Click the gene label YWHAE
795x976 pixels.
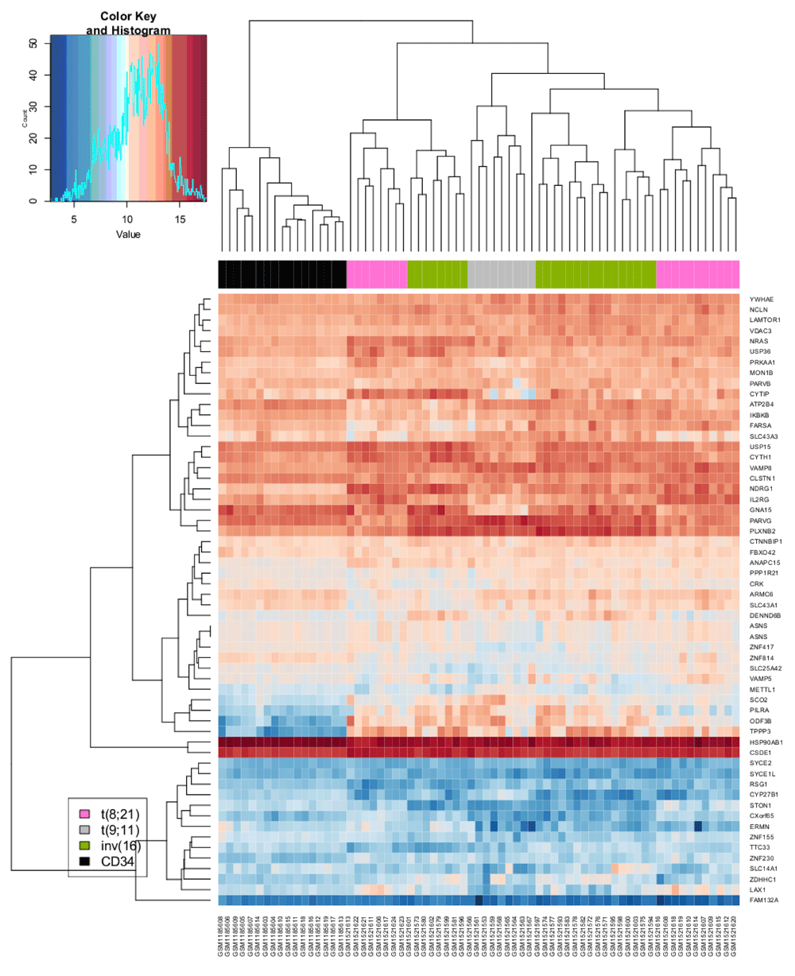pos(761,300)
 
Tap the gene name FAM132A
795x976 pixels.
pos(763,899)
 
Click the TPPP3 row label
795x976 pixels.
pos(760,730)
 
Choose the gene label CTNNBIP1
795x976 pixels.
pos(766,541)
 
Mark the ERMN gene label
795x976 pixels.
pos(759,826)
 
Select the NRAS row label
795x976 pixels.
pos(758,342)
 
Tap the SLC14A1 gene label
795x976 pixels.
pos(763,868)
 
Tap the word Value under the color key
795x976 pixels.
pos(128,234)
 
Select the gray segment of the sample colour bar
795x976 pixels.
pos(501,273)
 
